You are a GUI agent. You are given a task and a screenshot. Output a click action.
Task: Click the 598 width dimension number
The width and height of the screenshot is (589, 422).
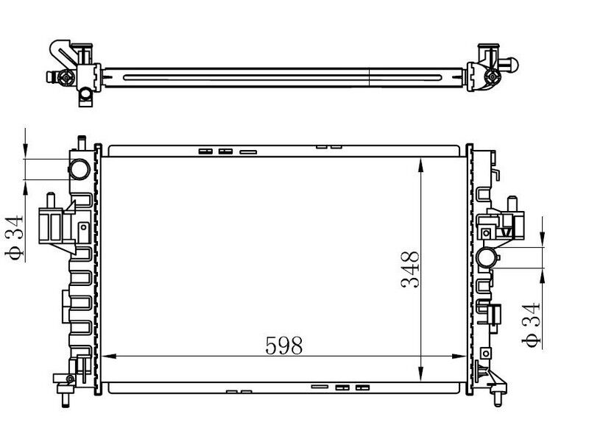click(283, 345)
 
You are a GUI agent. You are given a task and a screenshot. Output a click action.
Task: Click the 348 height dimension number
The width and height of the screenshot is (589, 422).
click(411, 270)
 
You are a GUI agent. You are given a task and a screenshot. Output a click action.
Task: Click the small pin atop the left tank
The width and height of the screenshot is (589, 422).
click(80, 139)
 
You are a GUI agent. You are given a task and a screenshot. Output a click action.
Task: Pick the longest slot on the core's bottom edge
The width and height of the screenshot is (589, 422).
click(320, 387)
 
